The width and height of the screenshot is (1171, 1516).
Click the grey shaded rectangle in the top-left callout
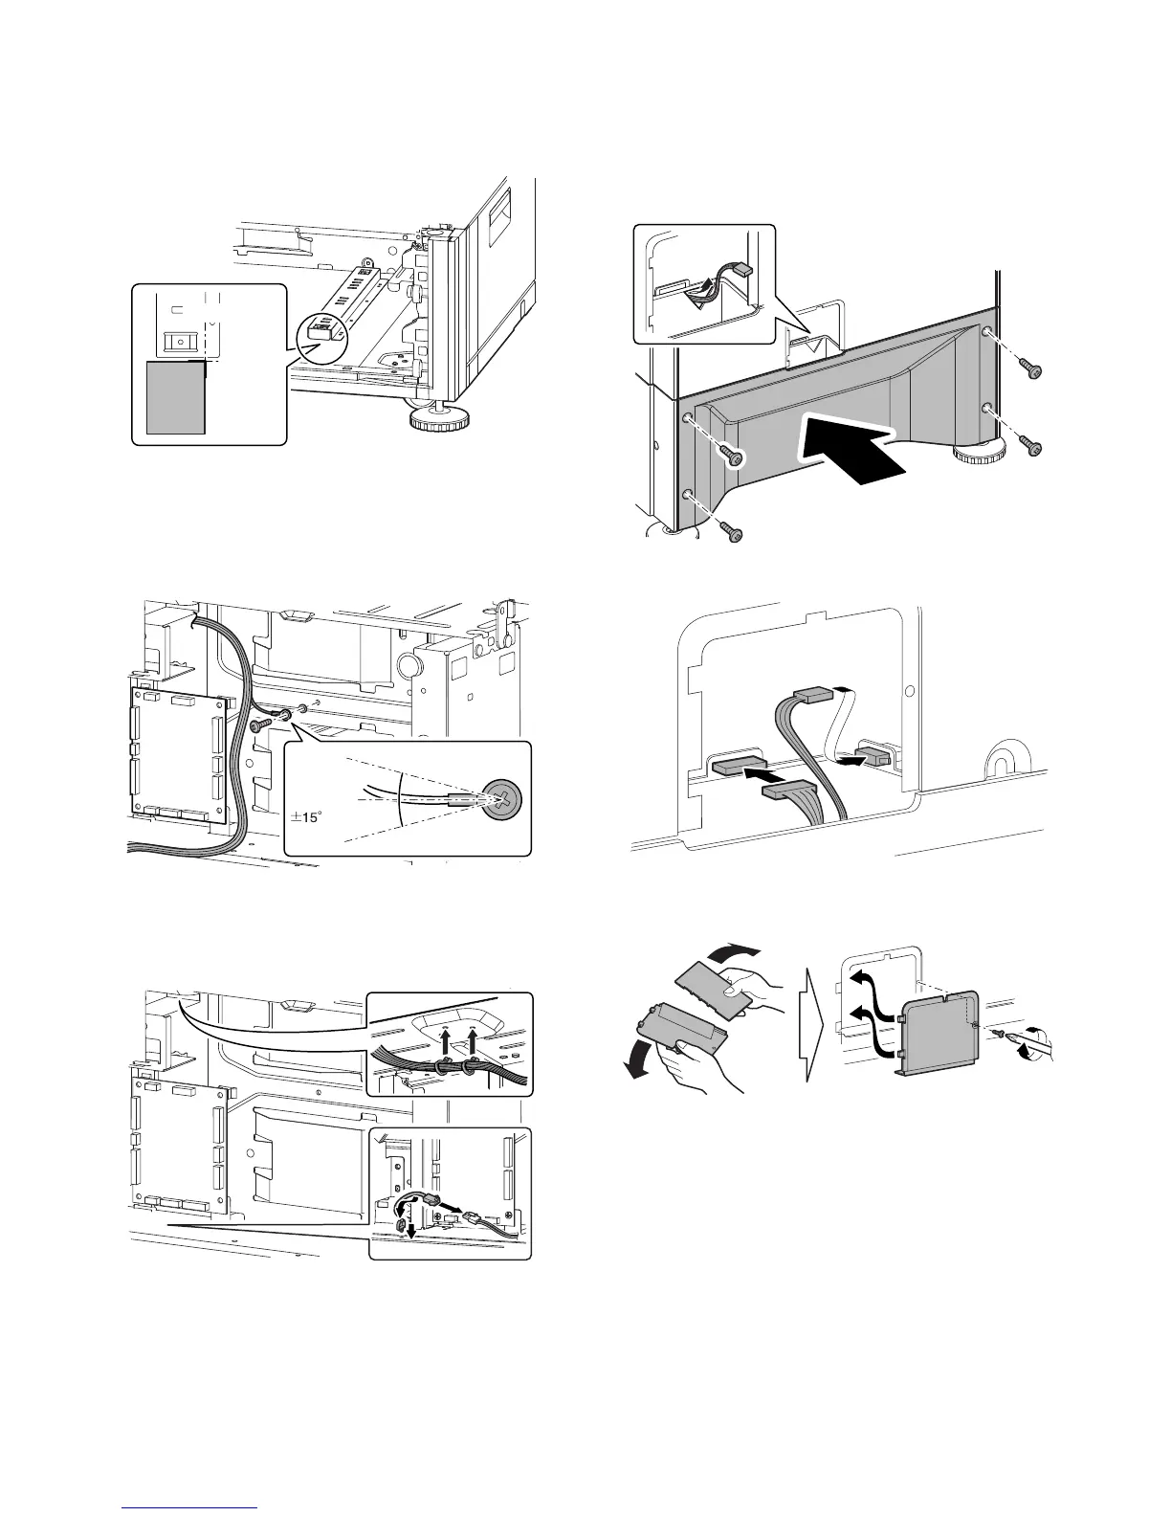[x=176, y=395]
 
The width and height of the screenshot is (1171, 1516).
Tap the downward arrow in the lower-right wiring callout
[x=411, y=1229]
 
